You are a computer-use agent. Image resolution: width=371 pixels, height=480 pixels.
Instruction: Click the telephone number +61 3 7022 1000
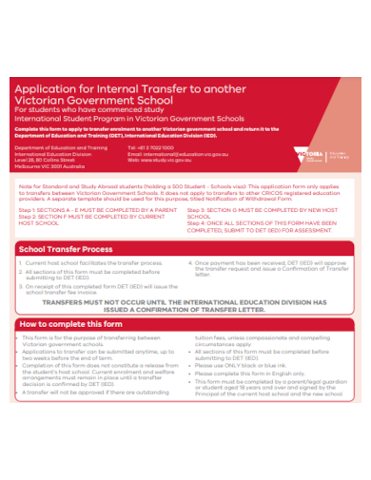click(x=150, y=148)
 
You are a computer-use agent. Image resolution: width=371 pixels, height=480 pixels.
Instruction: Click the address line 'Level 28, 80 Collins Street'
click(x=50, y=160)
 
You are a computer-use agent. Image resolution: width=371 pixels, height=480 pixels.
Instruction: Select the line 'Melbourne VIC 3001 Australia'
click(x=53, y=165)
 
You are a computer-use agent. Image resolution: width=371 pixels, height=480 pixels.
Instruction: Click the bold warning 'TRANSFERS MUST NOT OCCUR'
click(x=185, y=302)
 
